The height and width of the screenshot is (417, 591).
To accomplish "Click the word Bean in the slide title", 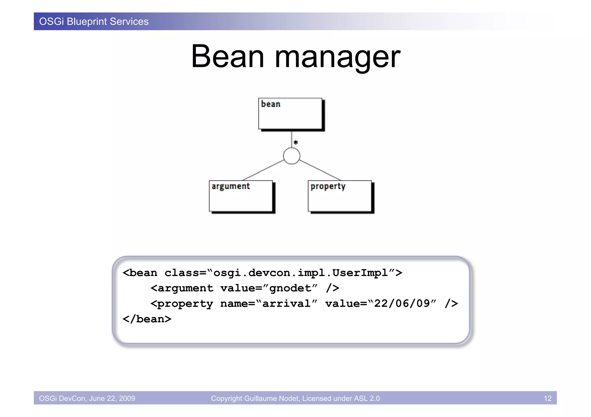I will point(227,56).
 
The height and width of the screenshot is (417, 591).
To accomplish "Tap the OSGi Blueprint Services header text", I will point(94,22).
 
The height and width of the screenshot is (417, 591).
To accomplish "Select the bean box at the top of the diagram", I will point(290,114).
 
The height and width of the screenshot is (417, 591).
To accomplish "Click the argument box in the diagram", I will point(241,196).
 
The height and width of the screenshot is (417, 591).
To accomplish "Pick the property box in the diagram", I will point(340,196).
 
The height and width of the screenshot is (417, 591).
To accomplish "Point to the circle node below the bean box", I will point(291,156).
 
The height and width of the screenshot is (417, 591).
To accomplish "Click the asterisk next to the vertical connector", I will point(296,142).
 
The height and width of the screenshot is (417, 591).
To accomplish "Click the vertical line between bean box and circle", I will point(291,139).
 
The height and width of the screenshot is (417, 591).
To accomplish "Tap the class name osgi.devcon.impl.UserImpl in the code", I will point(300,273).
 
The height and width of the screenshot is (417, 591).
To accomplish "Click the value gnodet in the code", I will point(290,288).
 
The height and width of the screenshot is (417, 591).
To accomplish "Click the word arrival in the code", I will point(286,303).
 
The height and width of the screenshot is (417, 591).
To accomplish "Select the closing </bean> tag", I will point(147,319).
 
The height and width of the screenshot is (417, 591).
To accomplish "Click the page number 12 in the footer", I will point(547,398).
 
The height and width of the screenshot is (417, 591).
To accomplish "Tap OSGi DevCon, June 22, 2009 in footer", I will point(87,398).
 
